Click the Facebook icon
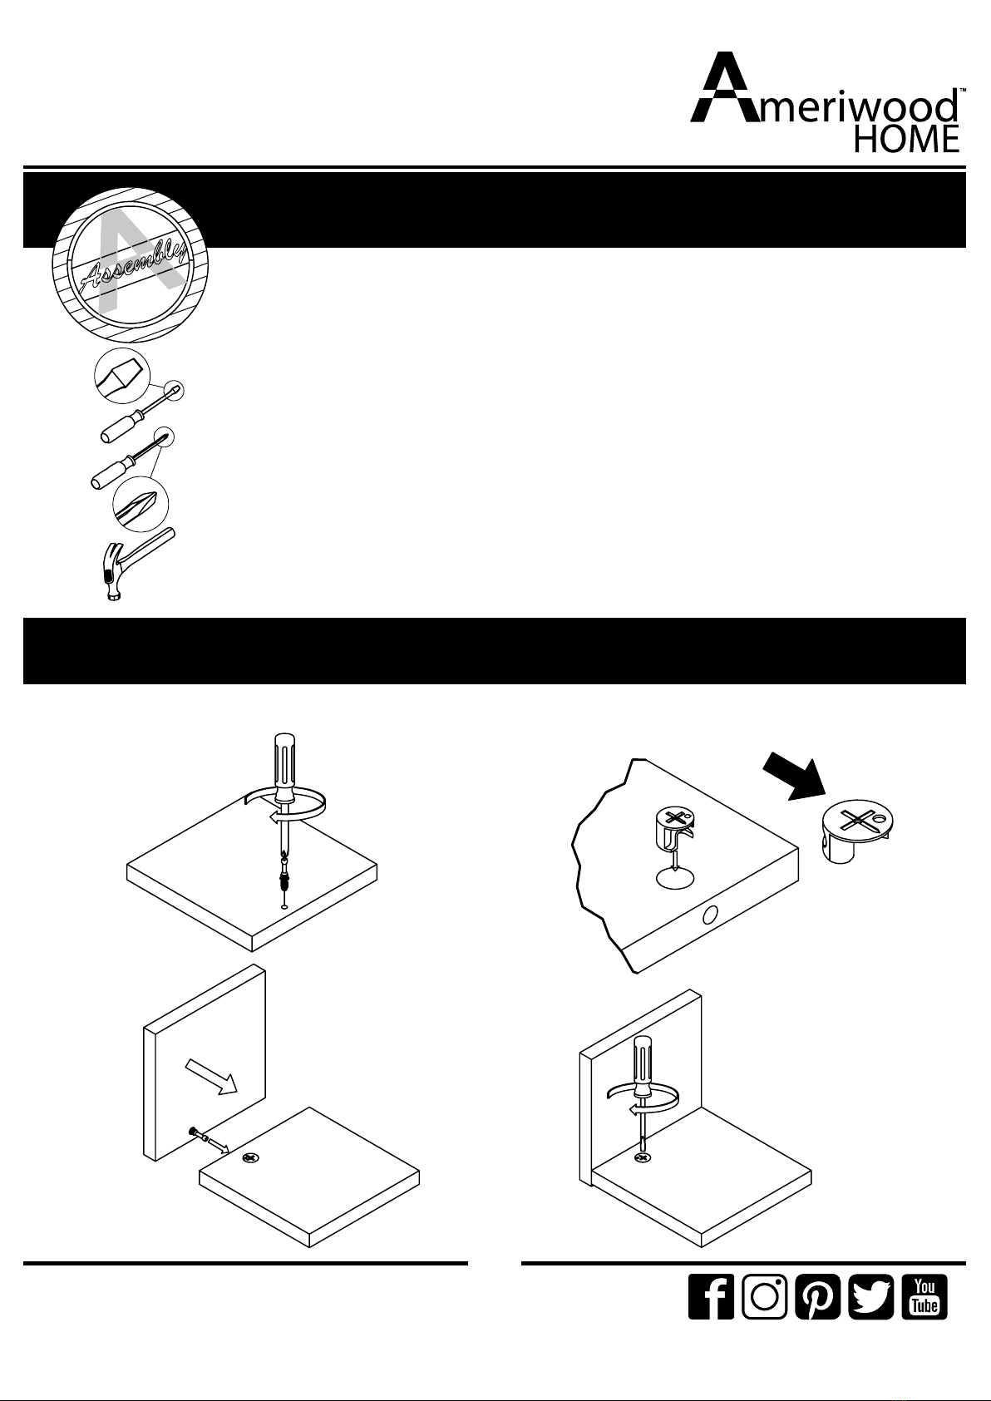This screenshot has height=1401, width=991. (711, 1296)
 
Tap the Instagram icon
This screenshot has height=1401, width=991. (764, 1296)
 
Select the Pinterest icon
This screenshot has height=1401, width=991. (817, 1296)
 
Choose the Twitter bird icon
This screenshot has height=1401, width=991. (871, 1296)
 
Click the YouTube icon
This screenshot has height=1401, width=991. (924, 1296)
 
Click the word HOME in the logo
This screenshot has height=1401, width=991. (906, 139)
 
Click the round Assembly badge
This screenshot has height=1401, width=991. (130, 265)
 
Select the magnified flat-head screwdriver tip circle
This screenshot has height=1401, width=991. (122, 376)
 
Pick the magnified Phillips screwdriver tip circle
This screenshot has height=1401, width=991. (141, 506)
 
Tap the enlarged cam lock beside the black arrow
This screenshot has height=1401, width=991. (856, 831)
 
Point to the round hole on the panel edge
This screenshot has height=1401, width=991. (710, 915)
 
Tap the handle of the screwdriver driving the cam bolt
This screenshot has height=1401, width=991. (284, 766)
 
